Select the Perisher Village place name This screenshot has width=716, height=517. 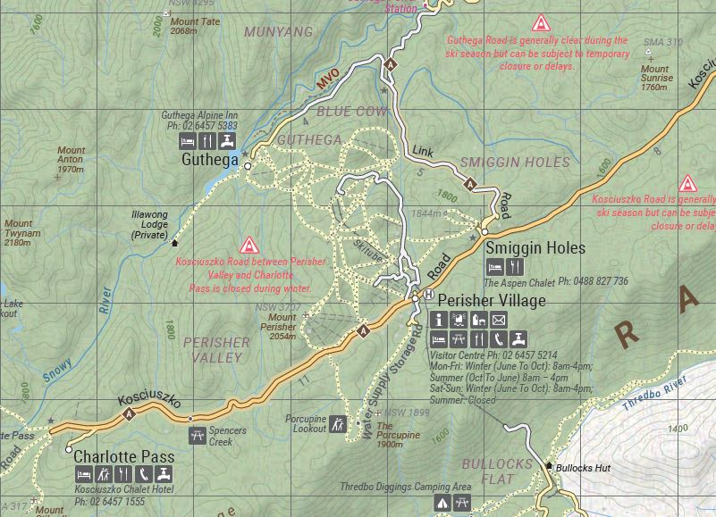click(x=491, y=301)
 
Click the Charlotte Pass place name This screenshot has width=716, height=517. click(x=123, y=456)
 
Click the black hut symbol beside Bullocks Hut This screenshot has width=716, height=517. click(x=549, y=465)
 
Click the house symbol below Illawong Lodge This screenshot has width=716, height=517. click(x=173, y=242)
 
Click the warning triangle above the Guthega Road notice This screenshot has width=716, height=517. click(x=540, y=23)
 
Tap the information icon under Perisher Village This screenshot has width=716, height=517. click(x=438, y=320)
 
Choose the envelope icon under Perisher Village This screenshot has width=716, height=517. click(x=499, y=320)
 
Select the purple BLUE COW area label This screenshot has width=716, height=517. click(x=351, y=113)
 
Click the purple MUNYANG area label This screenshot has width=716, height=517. click(x=279, y=32)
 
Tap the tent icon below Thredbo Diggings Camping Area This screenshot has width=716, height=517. click(x=442, y=504)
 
